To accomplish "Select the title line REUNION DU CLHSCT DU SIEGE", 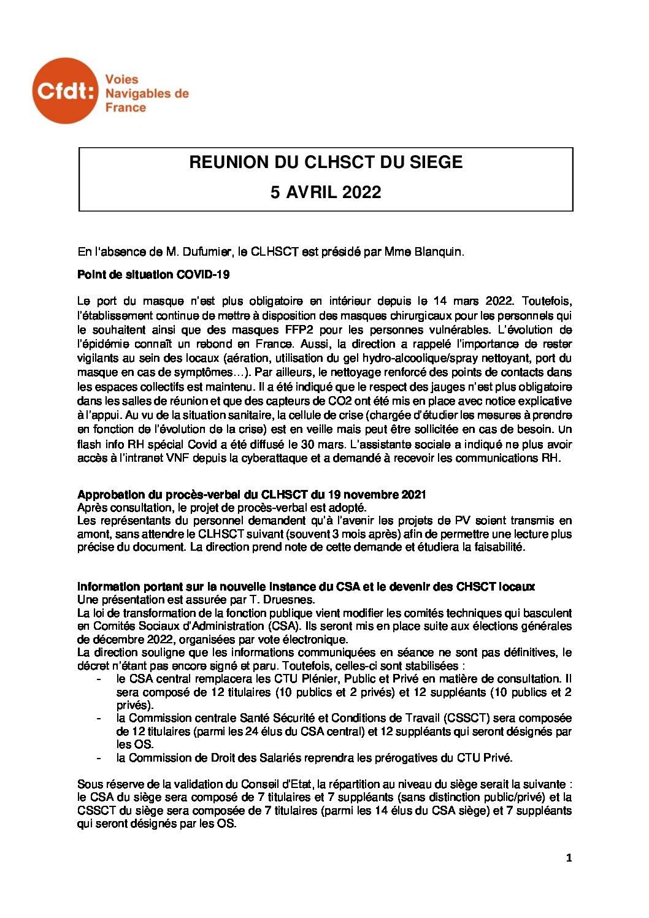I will tap(326, 163).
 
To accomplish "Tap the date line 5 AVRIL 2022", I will tap(326, 193).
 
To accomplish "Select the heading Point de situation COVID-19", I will tap(153, 275).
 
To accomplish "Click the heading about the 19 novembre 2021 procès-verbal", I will tap(252, 495).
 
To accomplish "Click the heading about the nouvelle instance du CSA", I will tap(306, 587).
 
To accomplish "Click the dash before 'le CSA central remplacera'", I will tap(99, 679).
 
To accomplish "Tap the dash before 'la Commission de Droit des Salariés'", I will tap(99, 758).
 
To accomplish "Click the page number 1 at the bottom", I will tap(569, 859).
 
